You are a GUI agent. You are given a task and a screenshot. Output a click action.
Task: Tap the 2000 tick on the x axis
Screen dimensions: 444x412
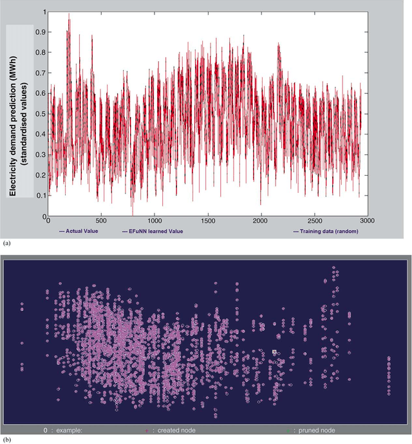pos(261,221)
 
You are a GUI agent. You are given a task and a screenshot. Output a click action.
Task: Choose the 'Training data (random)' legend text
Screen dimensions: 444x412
pos(323,230)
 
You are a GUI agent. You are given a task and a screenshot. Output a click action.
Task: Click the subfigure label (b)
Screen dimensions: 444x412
pos(6,439)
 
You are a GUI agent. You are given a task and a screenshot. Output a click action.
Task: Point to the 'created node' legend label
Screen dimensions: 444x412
pos(174,430)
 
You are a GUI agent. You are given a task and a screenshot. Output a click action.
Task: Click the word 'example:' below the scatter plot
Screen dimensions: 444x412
pos(68,430)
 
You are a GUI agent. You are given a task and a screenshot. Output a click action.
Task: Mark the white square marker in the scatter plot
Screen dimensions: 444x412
pos(274,352)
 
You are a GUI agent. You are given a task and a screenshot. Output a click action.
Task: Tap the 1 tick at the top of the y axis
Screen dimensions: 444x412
pos(44,12)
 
